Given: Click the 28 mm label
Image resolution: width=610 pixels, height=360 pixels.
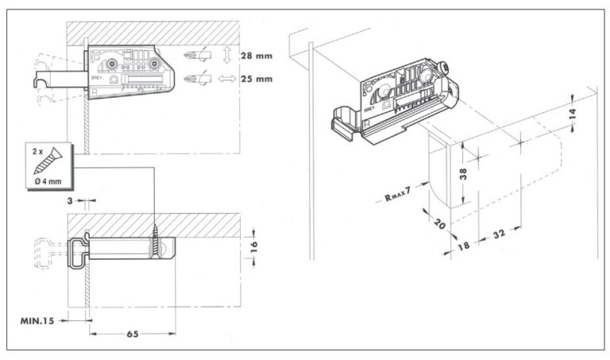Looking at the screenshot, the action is [x=257, y=56].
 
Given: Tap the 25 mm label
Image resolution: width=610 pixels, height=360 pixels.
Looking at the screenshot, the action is [x=257, y=79].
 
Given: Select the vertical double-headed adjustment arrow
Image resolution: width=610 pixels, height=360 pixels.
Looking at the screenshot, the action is [x=227, y=56].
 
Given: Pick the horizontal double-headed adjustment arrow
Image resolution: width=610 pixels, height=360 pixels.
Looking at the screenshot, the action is [x=227, y=79].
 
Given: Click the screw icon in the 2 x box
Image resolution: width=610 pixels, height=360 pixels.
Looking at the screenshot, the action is [x=48, y=161].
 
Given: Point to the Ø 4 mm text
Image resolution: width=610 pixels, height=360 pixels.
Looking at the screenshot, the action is [x=48, y=181].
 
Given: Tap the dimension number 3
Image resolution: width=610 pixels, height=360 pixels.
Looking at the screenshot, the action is [x=70, y=201].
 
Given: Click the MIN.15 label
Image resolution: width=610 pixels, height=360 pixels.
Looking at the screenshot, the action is [x=37, y=321].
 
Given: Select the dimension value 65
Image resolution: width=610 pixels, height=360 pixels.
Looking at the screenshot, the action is [x=133, y=334].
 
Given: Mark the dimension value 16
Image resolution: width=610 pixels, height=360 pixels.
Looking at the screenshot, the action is [x=253, y=246].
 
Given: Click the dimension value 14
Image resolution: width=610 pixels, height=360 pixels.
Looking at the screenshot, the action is [x=572, y=114].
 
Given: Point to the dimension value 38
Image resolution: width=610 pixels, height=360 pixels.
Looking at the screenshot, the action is [x=463, y=173].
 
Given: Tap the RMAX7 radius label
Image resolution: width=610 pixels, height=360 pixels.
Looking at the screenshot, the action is [x=398, y=194].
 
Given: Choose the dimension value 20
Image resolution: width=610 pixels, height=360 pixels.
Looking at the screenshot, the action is [x=440, y=224].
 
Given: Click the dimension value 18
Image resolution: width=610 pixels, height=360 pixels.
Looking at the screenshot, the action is [x=463, y=246].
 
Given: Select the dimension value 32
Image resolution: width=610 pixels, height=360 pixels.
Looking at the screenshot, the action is [x=499, y=234].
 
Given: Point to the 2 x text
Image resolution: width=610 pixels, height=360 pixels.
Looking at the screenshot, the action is [x=38, y=152].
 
